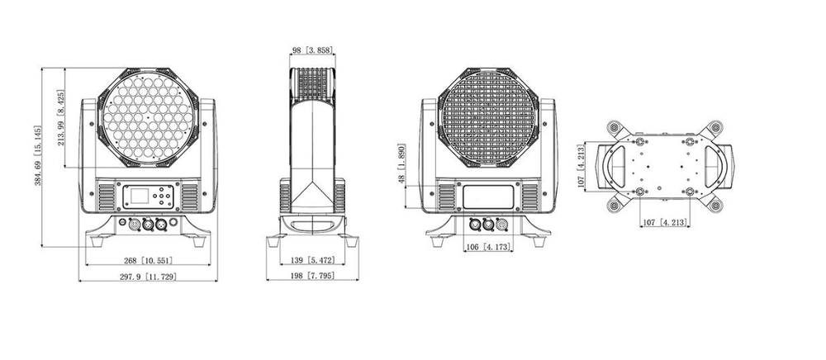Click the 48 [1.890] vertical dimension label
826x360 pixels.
point(401,168)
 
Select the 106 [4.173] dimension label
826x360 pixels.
point(487,247)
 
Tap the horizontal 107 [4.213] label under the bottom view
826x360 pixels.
point(666,221)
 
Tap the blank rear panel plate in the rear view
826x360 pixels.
point(487,197)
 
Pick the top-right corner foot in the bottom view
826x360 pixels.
point(713,127)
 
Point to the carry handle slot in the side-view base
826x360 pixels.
point(311,224)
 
